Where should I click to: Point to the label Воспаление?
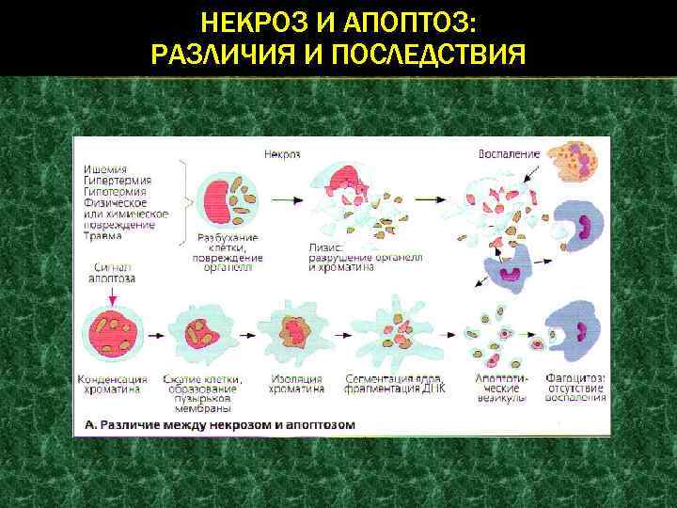pos(509,153)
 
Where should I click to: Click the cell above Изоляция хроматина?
pos(296,333)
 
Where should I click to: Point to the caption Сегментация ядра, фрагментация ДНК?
pos(388,384)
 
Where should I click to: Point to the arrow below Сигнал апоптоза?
pos(111,294)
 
